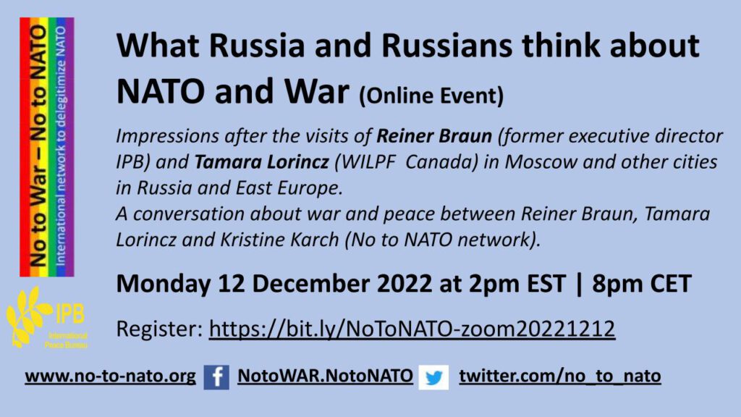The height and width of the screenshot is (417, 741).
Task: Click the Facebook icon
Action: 216,376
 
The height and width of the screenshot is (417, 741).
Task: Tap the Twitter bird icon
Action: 433,376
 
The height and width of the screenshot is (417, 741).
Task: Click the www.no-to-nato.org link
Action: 110,376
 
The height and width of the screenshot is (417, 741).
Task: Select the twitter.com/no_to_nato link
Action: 560,376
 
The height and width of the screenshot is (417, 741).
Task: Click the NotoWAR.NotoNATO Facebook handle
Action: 325,376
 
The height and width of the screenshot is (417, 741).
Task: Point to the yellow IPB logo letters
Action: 70,313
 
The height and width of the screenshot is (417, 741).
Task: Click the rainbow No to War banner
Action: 47,147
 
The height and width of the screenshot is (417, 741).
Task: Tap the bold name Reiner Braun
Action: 434,136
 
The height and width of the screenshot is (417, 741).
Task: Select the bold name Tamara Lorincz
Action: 261,162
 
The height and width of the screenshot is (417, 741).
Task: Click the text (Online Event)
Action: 431,96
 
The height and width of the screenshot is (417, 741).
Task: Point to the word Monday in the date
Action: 164,285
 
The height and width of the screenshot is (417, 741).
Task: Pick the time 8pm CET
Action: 642,284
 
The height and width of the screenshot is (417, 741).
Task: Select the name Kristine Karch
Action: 280,240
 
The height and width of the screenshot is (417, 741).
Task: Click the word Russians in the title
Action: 446,46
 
